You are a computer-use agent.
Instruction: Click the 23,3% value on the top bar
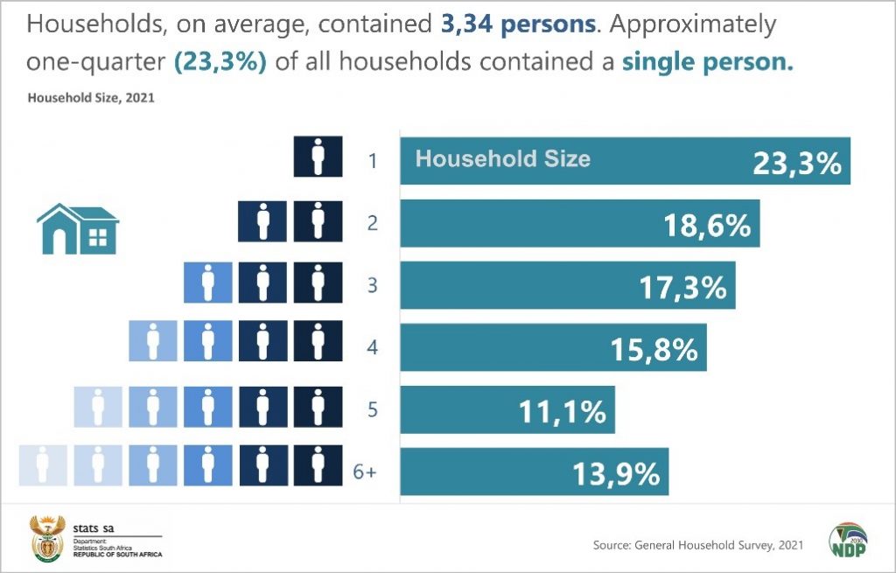(796, 164)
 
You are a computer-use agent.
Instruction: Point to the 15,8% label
(654, 349)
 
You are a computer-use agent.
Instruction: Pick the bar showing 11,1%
(507, 410)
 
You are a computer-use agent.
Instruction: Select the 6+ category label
(365, 472)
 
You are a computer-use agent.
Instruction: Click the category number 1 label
(372, 161)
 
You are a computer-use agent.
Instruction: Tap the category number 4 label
(372, 347)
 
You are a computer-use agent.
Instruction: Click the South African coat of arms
(46, 538)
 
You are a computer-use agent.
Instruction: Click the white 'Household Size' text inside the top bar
(502, 158)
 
